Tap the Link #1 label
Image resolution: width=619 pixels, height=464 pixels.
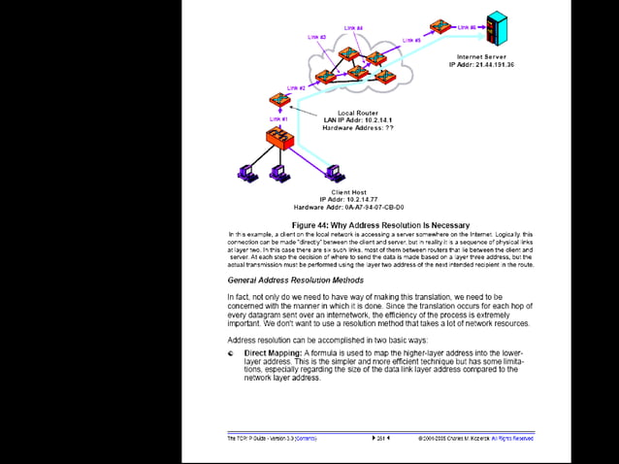click(x=277, y=118)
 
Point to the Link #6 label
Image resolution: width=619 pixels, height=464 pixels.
click(x=467, y=27)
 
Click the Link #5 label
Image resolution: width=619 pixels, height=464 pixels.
click(x=411, y=40)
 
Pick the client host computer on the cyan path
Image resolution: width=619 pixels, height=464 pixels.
click(x=334, y=173)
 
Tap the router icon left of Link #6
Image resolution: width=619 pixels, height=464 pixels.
click(x=441, y=25)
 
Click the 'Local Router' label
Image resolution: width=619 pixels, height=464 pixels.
click(x=358, y=113)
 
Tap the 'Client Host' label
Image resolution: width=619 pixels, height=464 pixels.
click(x=348, y=192)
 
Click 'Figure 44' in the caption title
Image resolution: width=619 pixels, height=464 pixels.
click(x=312, y=225)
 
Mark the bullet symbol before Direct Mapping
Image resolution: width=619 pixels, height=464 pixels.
click(x=231, y=353)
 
